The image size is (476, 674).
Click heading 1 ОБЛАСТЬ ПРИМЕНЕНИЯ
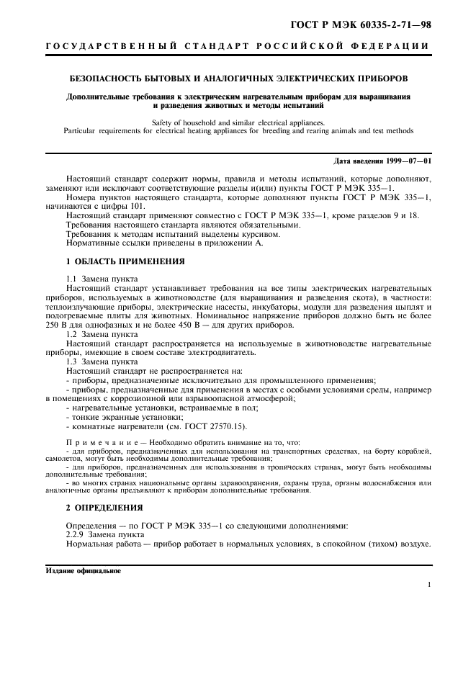coord(125,261)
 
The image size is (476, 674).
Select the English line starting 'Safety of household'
coord(238,122)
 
